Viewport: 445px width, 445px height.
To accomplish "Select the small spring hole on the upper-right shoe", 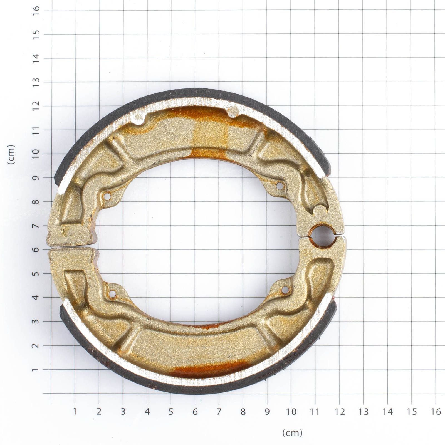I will (x=280, y=186).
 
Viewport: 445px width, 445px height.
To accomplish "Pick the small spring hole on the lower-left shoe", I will (x=112, y=294).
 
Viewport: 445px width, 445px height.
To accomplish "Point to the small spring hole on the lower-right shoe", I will (x=285, y=290).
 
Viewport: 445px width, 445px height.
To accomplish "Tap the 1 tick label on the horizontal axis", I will (x=75, y=412).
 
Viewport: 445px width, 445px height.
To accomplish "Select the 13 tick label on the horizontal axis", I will (x=364, y=412).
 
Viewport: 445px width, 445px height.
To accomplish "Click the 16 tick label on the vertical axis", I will (x=36, y=11).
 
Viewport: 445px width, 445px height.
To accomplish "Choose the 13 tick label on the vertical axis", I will (x=36, y=82).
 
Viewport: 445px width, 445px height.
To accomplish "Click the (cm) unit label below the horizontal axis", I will (x=292, y=433).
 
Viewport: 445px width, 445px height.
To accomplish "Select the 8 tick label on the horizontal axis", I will (x=243, y=412).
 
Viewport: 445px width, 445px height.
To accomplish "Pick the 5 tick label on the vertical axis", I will (x=36, y=274).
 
